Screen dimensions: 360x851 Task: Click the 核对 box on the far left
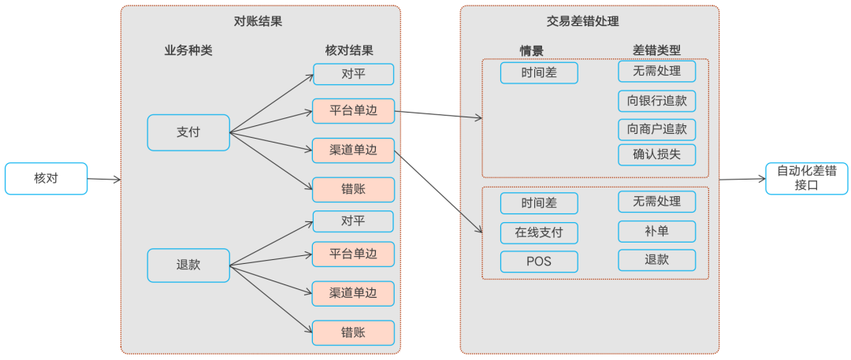(46, 179)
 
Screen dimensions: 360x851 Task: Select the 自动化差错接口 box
(806, 179)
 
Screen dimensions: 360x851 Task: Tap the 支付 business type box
(188, 132)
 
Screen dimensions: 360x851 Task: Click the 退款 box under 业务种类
(188, 265)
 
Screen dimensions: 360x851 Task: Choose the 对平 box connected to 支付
(353, 74)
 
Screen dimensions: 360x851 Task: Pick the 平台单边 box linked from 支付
(353, 111)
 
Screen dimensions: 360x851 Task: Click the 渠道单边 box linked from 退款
(353, 294)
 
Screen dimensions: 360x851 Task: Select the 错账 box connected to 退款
(353, 332)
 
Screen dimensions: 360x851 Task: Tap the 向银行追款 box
(656, 101)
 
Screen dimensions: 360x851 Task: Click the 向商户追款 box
(656, 128)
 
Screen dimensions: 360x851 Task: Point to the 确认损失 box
(656, 154)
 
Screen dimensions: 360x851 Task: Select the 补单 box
(656, 232)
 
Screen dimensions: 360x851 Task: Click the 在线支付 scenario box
(539, 233)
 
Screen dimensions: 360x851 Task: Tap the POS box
(539, 262)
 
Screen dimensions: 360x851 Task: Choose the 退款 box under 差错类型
(656, 260)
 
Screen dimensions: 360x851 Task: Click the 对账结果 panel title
(260, 21)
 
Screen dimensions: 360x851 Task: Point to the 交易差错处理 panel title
(589, 21)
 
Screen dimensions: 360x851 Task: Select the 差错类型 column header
(656, 50)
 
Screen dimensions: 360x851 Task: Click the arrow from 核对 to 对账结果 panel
(103, 180)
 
